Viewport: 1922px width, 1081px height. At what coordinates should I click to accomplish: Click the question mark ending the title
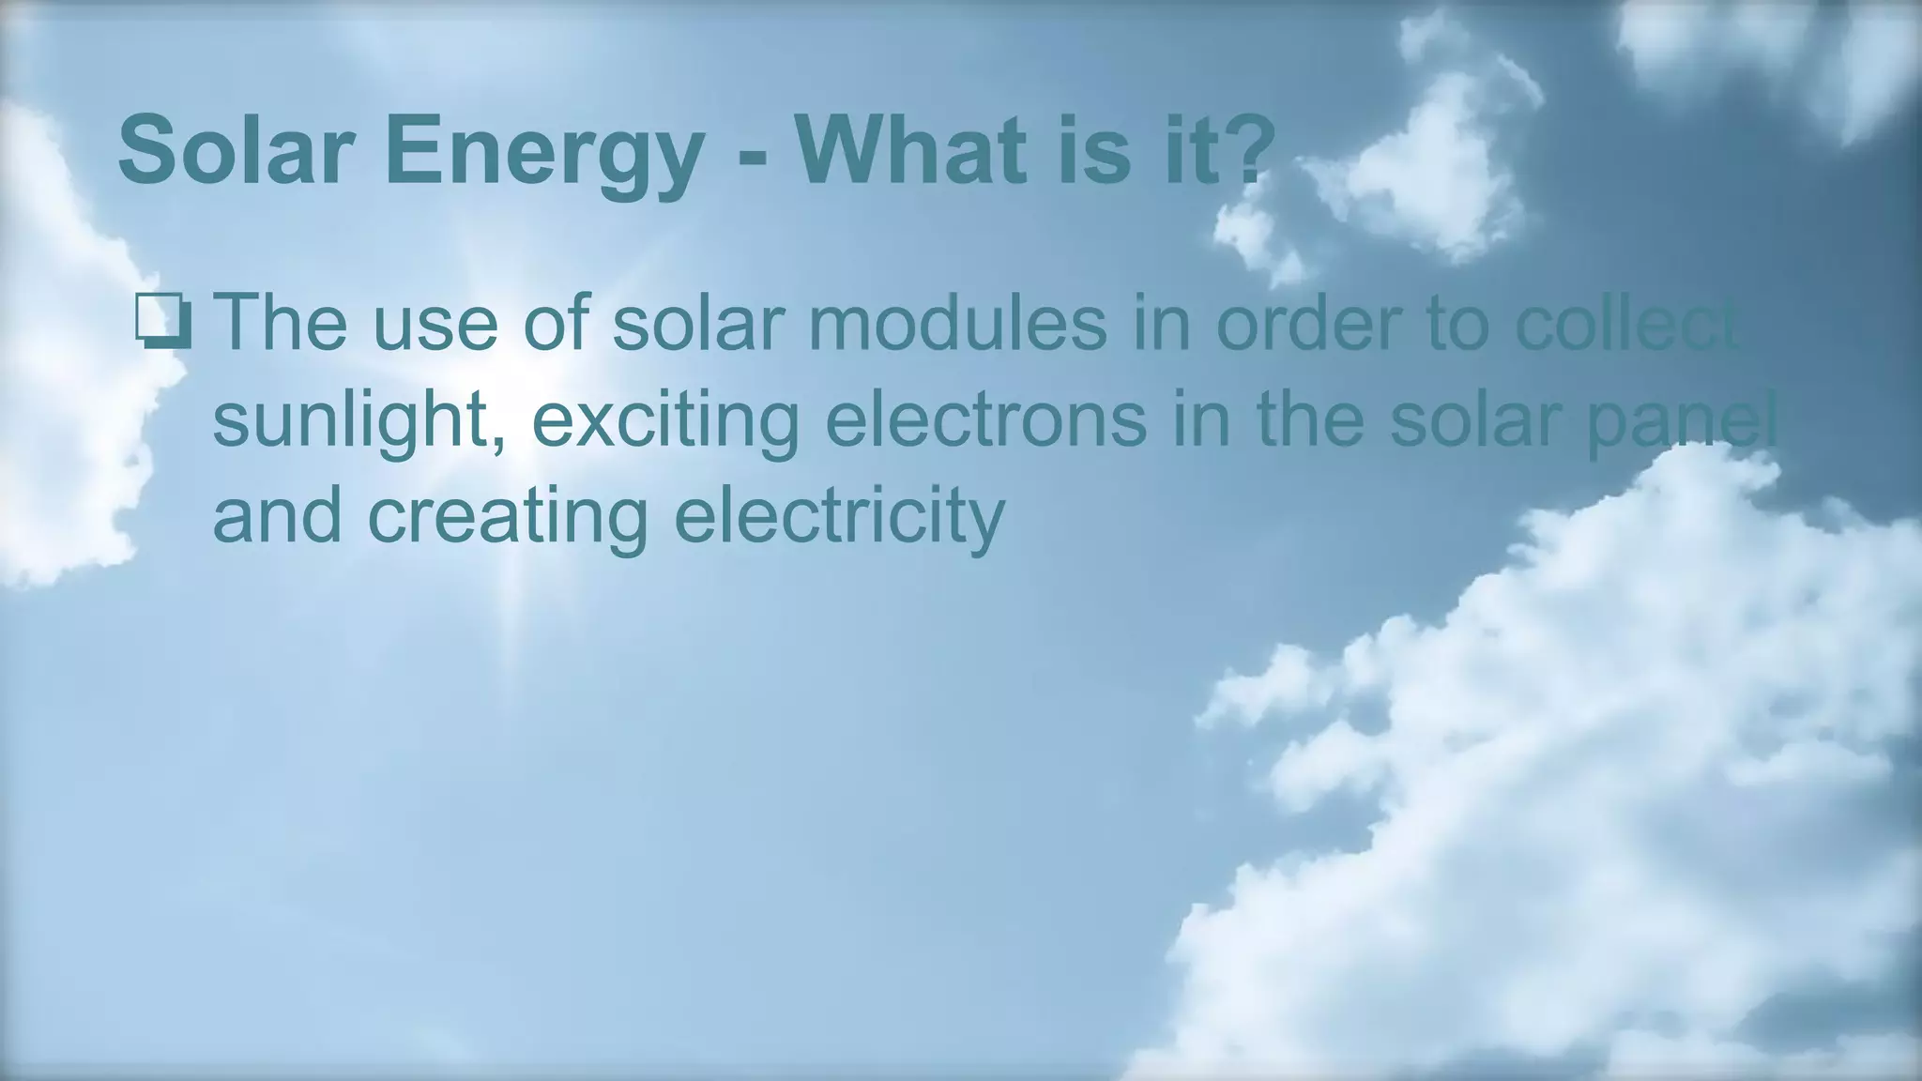coord(1250,150)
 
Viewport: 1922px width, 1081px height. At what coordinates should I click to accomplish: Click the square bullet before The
coord(164,321)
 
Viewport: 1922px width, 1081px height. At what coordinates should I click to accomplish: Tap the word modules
coord(956,322)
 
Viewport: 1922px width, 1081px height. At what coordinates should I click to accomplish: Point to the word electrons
coord(985,419)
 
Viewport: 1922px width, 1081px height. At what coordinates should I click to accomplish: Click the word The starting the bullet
coord(280,322)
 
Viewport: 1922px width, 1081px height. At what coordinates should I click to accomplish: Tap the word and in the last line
coord(277,516)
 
